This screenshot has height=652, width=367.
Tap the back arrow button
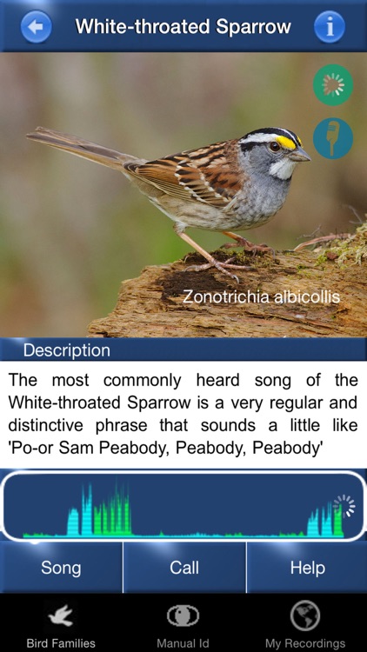(x=36, y=27)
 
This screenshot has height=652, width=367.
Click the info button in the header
(x=330, y=27)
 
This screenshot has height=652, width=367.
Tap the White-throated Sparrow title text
(x=183, y=27)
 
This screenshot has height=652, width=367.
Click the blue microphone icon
(x=333, y=138)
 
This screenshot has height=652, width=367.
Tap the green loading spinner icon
(x=333, y=85)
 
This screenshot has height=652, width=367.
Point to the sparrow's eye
(x=275, y=147)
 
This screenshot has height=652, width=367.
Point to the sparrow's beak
(x=301, y=156)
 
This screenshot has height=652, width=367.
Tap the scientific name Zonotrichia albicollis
(x=261, y=296)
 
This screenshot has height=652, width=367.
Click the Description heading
(x=67, y=351)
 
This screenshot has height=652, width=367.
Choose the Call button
(x=184, y=569)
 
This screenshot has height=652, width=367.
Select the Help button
(x=307, y=569)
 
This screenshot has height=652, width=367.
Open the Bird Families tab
(x=61, y=625)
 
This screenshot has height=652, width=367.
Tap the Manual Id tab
(x=183, y=625)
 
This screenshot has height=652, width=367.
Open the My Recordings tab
(x=305, y=625)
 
